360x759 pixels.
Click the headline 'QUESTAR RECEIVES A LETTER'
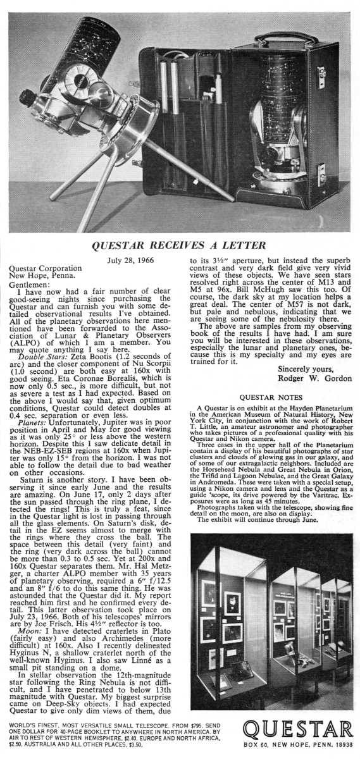pos(180,245)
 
